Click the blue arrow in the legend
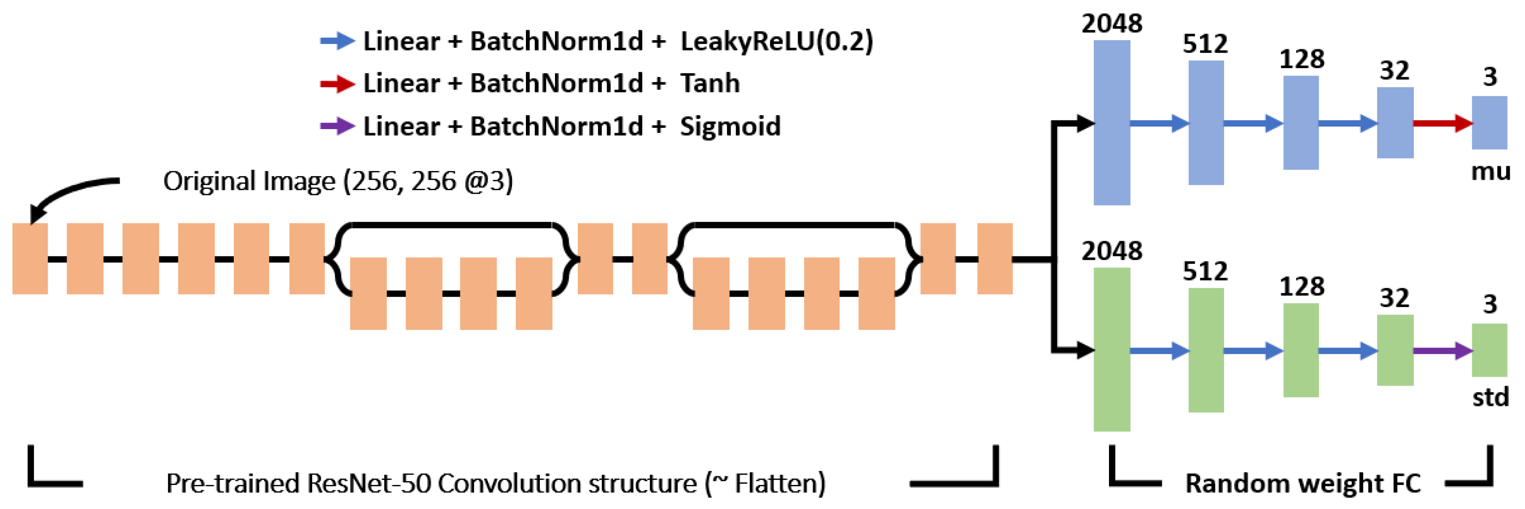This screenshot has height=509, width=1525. pos(337,41)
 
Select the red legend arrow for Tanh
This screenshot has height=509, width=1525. pos(337,83)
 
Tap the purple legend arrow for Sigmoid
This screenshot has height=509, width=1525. pos(337,126)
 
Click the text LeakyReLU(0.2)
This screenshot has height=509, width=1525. pos(776,41)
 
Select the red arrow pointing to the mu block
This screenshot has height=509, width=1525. pos(1442,123)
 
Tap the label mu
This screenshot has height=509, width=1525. pos(1491,172)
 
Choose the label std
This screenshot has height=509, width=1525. pos(1491,396)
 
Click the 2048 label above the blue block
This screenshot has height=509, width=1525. pos(1112,24)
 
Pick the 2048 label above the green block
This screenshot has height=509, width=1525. pos(1112,251)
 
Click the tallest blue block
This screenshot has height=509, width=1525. pos(1112,123)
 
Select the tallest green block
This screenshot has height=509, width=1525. pos(1112,349)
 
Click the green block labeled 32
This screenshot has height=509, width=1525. pos(1395,350)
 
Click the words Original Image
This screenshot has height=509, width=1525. pos(249,181)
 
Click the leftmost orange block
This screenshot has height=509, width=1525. pos(30,259)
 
